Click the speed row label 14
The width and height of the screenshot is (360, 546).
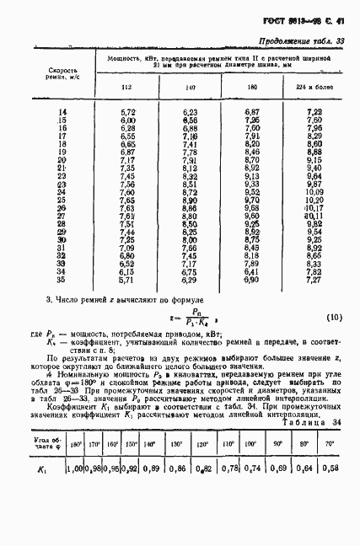pyautogui.click(x=62, y=112)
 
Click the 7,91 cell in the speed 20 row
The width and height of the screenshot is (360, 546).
pyautogui.click(x=191, y=159)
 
